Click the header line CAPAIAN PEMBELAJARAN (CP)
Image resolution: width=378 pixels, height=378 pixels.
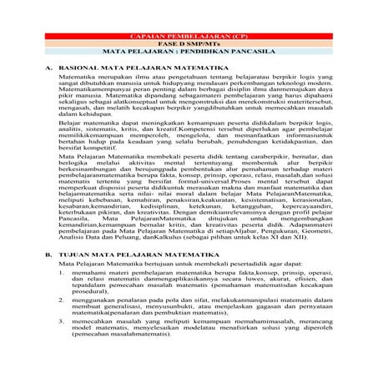point(189,38)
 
